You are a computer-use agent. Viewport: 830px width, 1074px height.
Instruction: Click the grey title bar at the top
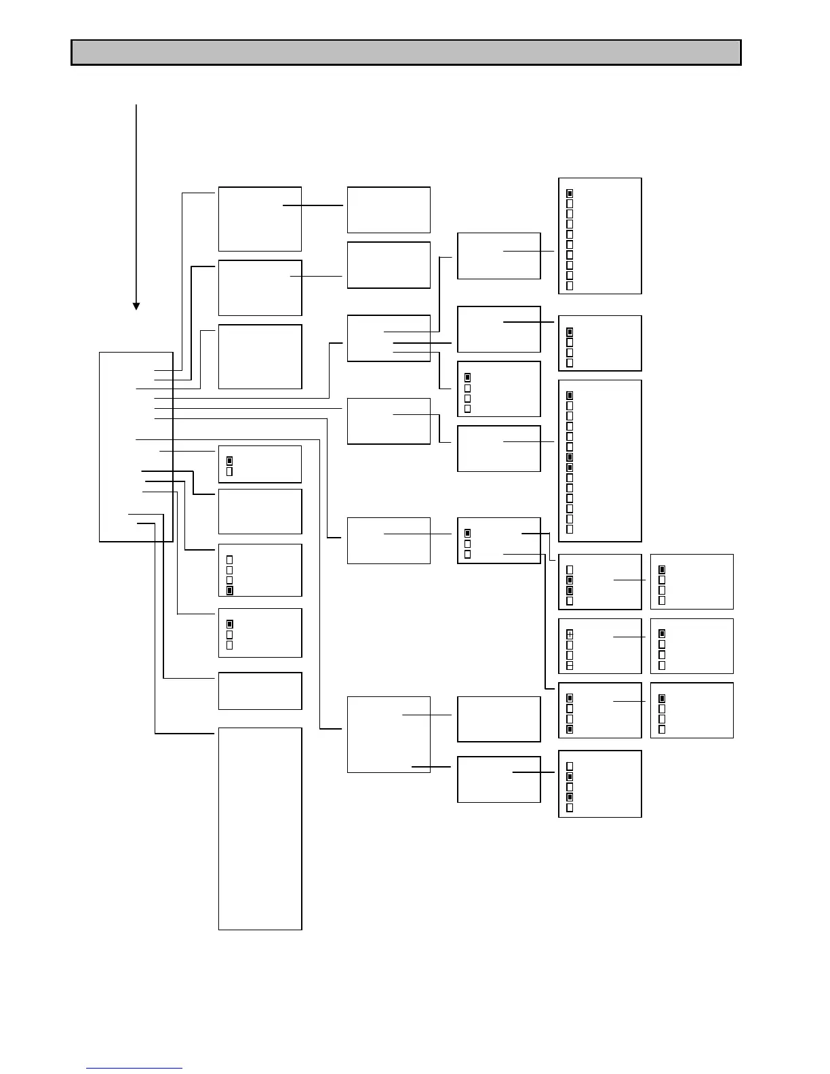tap(406, 52)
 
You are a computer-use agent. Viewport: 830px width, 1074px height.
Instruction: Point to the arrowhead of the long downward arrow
tap(136, 306)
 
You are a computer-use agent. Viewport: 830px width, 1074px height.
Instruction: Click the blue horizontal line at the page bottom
tap(134, 1068)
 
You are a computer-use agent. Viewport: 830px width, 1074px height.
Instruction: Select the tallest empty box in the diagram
tap(260, 828)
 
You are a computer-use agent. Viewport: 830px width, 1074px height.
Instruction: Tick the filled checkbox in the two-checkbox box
tap(229, 460)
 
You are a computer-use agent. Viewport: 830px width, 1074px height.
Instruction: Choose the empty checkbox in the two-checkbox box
tap(229, 471)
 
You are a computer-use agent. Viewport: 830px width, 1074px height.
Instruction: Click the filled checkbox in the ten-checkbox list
tap(570, 193)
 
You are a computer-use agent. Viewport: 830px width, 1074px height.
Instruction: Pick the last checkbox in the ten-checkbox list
tap(570, 285)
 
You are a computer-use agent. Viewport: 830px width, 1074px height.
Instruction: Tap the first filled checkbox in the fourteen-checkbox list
tap(570, 395)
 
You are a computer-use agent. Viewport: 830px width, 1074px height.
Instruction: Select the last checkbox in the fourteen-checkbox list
tap(570, 529)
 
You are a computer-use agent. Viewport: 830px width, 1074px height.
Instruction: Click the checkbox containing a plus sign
tap(570, 634)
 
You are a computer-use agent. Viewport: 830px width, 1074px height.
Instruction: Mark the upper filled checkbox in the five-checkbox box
tap(570, 776)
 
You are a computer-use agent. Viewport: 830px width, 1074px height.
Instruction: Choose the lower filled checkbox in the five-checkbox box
tap(570, 797)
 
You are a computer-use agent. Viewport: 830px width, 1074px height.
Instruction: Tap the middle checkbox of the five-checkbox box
tap(570, 787)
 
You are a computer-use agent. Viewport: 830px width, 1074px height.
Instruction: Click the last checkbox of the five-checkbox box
tap(570, 808)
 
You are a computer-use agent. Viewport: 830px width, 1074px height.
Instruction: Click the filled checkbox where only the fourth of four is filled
tap(229, 591)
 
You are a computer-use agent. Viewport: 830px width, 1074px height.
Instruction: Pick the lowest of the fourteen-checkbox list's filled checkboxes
tap(570, 467)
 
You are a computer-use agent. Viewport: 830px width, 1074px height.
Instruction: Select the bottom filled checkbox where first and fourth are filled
tap(570, 730)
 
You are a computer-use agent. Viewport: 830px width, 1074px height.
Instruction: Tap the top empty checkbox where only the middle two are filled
tap(570, 570)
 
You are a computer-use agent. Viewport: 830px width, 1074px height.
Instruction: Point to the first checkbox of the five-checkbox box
tap(570, 766)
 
